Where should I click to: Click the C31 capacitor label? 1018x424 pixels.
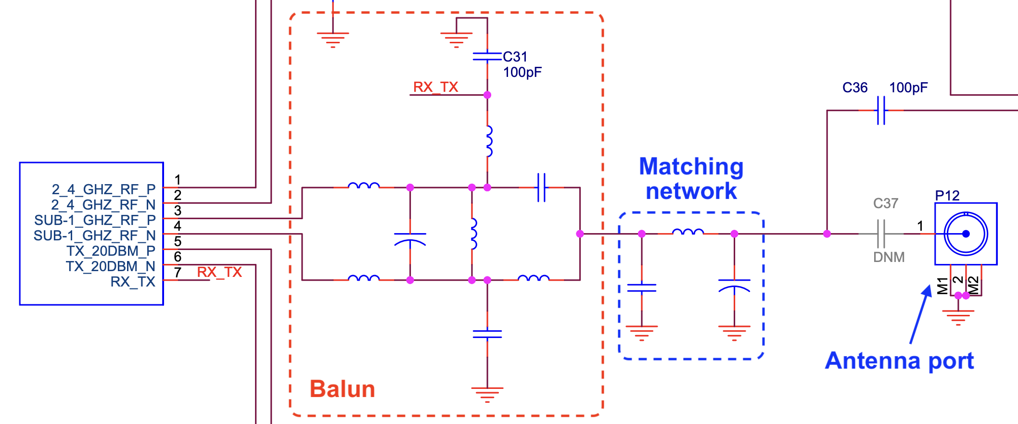point(515,57)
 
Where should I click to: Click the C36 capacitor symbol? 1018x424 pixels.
point(881,110)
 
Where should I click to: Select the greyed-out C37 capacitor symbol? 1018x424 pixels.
point(881,234)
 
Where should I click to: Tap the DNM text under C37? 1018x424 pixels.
point(889,257)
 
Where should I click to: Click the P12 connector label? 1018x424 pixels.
point(947,196)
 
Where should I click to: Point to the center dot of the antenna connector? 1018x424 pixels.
point(966,234)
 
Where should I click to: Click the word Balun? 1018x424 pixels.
point(342,389)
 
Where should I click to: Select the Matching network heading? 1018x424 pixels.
point(691,178)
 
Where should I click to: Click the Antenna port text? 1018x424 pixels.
point(899,361)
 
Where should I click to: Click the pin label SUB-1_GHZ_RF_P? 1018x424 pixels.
point(95,220)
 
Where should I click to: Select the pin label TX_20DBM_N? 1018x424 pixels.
point(110,266)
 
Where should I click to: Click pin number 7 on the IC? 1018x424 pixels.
point(178,273)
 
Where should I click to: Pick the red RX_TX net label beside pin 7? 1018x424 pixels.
point(219,272)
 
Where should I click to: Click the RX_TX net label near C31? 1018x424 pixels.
point(435,87)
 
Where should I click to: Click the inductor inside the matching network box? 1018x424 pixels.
point(687,232)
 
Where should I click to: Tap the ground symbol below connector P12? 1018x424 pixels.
point(958,316)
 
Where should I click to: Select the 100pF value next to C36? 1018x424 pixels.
point(908,87)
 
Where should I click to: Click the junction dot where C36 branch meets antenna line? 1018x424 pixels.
point(827,234)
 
